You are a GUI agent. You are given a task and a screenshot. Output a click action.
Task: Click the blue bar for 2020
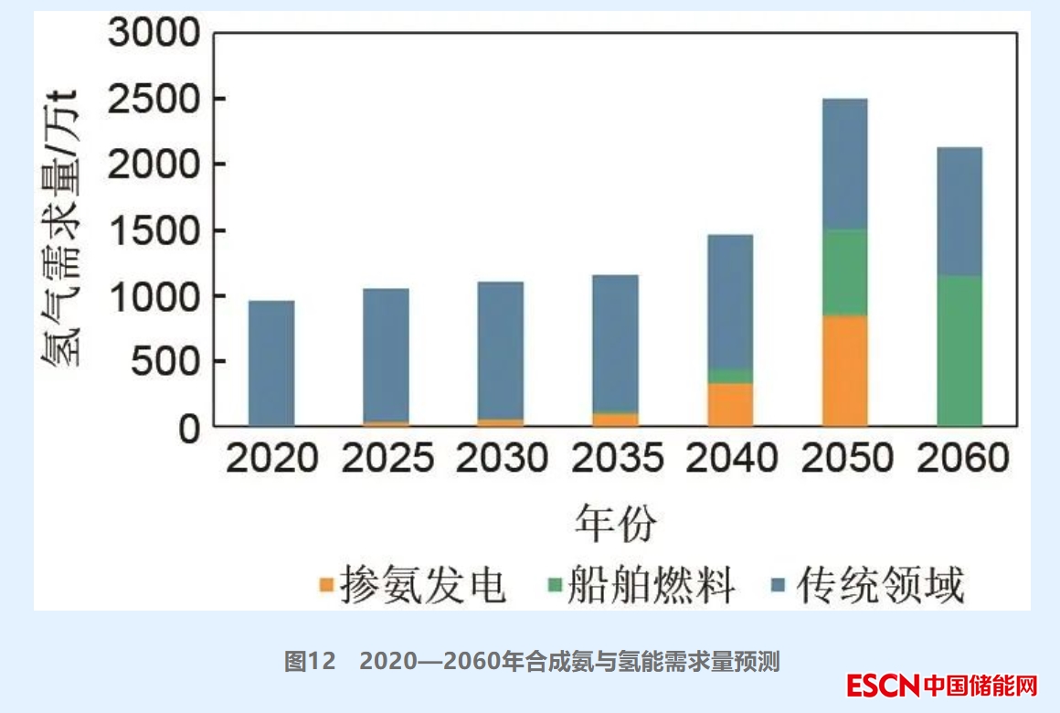click(x=271, y=363)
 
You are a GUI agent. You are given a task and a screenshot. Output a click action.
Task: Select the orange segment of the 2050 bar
click(x=844, y=370)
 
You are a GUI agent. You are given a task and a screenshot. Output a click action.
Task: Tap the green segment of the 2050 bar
click(x=844, y=272)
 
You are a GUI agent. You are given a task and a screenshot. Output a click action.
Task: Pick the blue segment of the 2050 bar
click(x=844, y=164)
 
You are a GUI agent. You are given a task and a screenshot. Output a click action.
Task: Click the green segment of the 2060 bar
click(x=959, y=350)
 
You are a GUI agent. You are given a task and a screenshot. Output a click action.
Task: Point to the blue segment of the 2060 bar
click(x=959, y=211)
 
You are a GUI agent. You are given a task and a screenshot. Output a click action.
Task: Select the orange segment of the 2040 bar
click(x=730, y=404)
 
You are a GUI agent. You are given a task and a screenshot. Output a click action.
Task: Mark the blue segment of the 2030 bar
click(x=501, y=350)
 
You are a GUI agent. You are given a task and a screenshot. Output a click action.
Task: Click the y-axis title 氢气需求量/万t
click(x=61, y=229)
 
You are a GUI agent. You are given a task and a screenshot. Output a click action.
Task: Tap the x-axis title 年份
click(x=616, y=523)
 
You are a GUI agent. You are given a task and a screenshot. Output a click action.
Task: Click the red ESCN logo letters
click(x=882, y=685)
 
